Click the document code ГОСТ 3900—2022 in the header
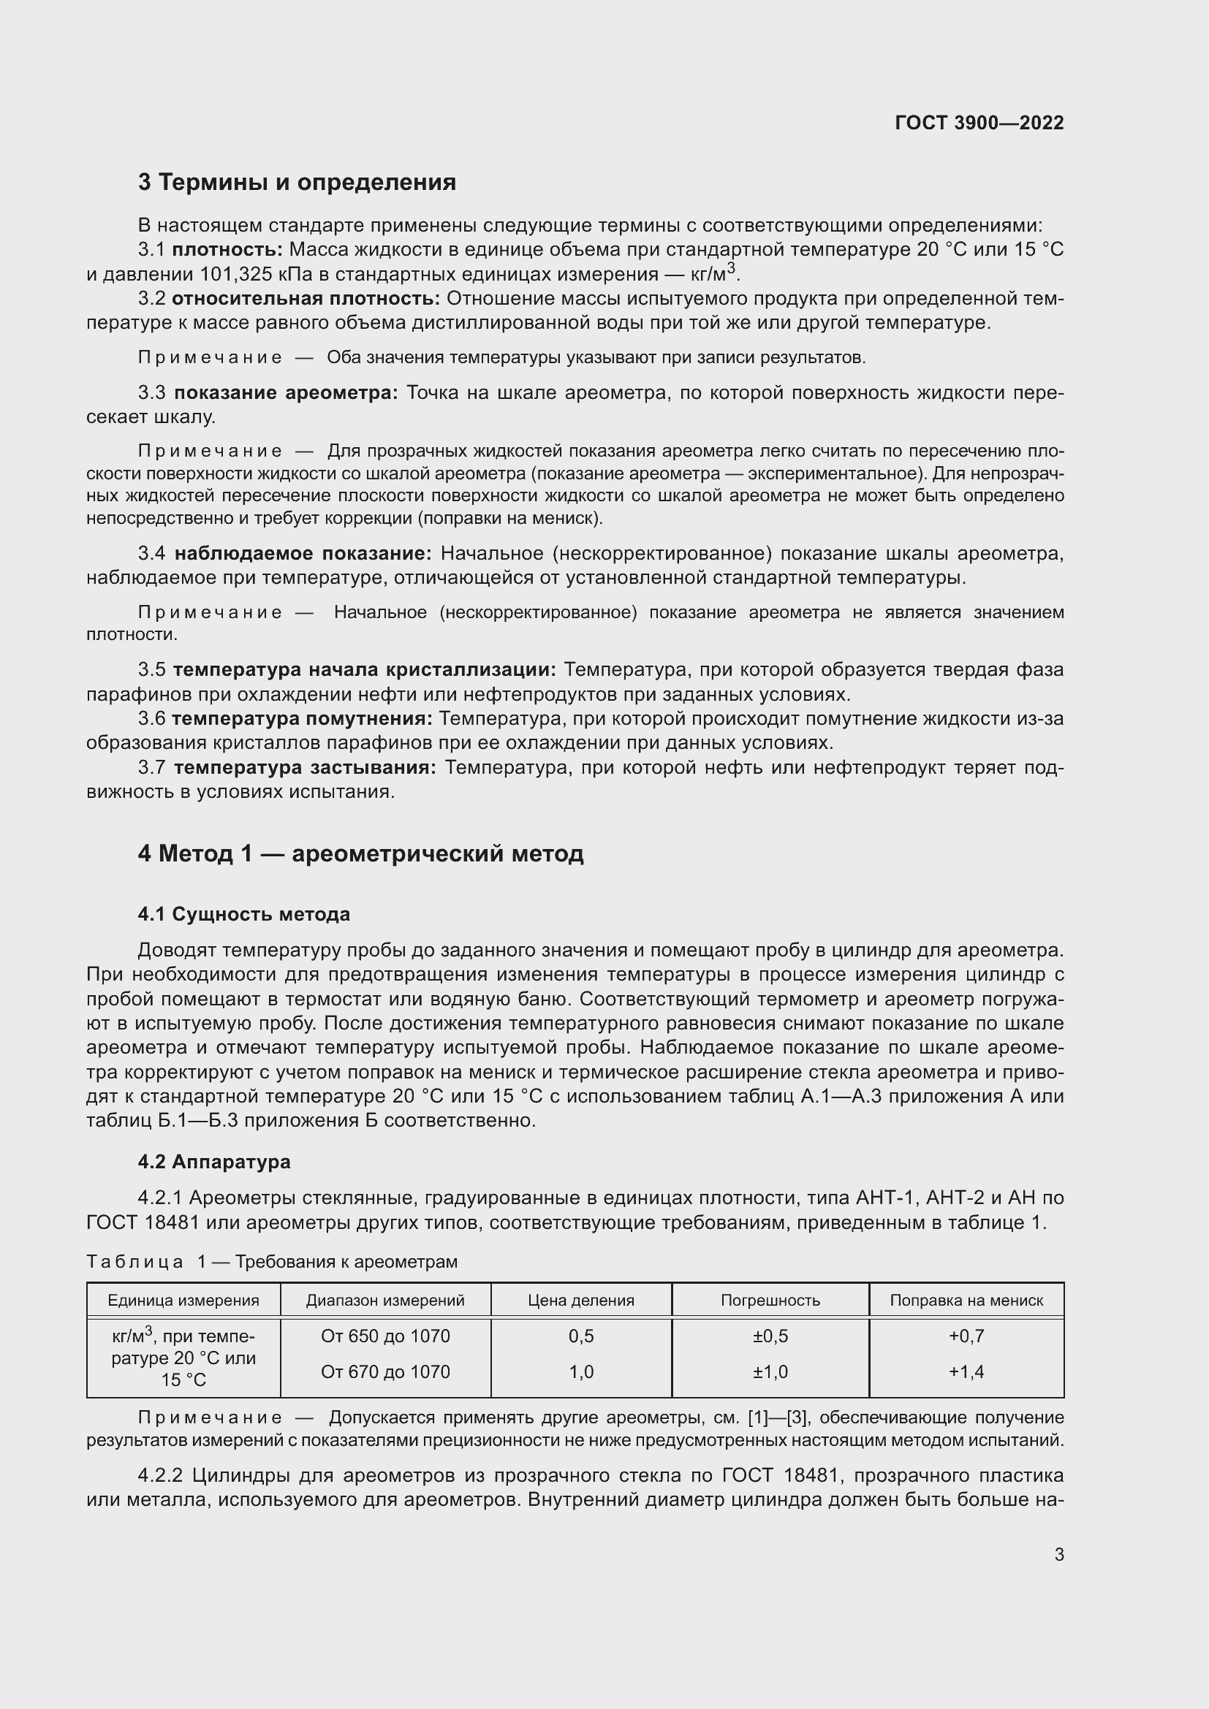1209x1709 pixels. point(979,123)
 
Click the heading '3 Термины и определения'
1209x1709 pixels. point(296,183)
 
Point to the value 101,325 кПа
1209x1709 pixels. point(255,275)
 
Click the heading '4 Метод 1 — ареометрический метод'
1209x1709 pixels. point(360,853)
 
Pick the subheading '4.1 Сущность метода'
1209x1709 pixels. point(243,914)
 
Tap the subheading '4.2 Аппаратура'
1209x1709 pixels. point(213,1162)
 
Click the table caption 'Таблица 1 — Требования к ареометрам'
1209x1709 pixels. point(272,1262)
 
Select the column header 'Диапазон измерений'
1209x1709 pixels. point(385,1301)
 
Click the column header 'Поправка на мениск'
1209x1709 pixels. point(966,1301)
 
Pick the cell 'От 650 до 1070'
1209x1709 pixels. point(385,1336)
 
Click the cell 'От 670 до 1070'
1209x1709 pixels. point(385,1372)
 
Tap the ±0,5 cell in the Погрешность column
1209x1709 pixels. point(770,1336)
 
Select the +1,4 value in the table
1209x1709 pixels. point(966,1372)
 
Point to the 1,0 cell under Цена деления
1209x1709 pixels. point(580,1372)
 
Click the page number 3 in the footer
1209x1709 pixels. point(1058,1555)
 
